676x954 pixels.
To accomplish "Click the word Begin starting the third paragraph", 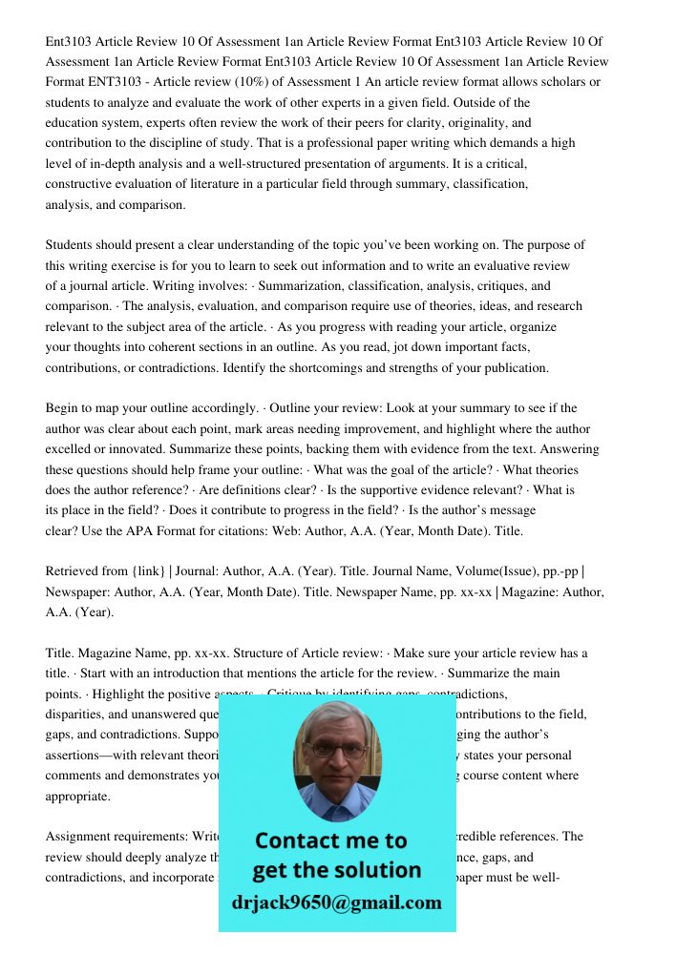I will (63, 408).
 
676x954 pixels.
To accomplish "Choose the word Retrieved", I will (74, 571).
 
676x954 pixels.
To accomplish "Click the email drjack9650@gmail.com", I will (337, 902).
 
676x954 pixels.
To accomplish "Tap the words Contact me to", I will (331, 840).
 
